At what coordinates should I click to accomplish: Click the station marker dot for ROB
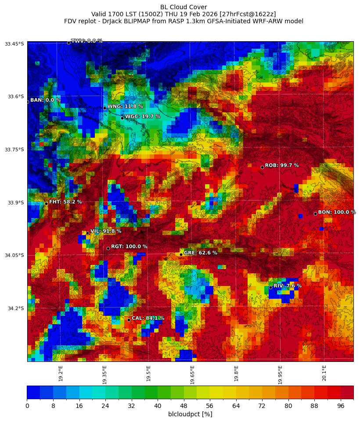pos(262,167)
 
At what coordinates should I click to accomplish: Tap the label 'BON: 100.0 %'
pos(337,212)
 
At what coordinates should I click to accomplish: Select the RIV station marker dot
pos(270,287)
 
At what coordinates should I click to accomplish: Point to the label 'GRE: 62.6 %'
pos(200,253)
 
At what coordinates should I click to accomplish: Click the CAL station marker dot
pos(129,320)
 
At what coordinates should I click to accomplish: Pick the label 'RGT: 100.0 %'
pos(129,247)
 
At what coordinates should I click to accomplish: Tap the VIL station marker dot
pos(87,233)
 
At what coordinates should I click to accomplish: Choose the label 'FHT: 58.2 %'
pos(65,202)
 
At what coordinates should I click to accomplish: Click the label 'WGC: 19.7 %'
pos(143,117)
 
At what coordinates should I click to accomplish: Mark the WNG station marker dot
pos(104,108)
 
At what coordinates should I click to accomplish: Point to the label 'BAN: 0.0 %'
pos(45,100)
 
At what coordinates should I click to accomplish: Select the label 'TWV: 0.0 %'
pos(86,41)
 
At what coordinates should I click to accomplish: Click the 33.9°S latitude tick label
pos(15,203)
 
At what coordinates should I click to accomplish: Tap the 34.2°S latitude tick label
pos(15,308)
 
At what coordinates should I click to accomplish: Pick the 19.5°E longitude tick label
pos(148,373)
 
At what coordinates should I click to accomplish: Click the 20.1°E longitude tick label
pos(324,373)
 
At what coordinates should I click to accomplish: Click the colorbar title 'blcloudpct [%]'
pos(190,414)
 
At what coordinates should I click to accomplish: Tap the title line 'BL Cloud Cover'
pos(184,7)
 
